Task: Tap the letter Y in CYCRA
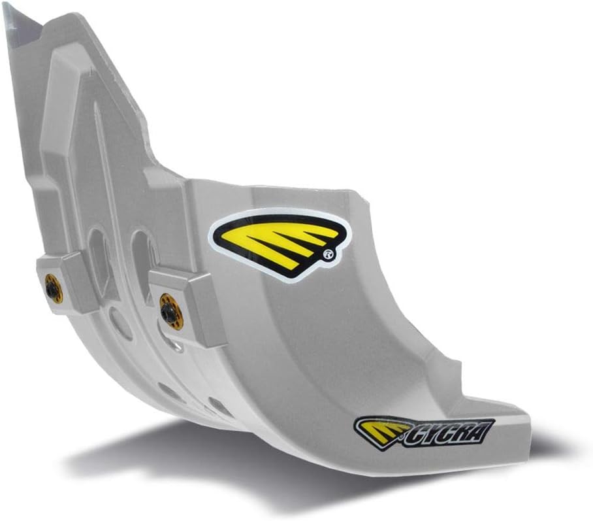[428, 435]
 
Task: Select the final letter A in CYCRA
[483, 429]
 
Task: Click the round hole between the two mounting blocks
[121, 324]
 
